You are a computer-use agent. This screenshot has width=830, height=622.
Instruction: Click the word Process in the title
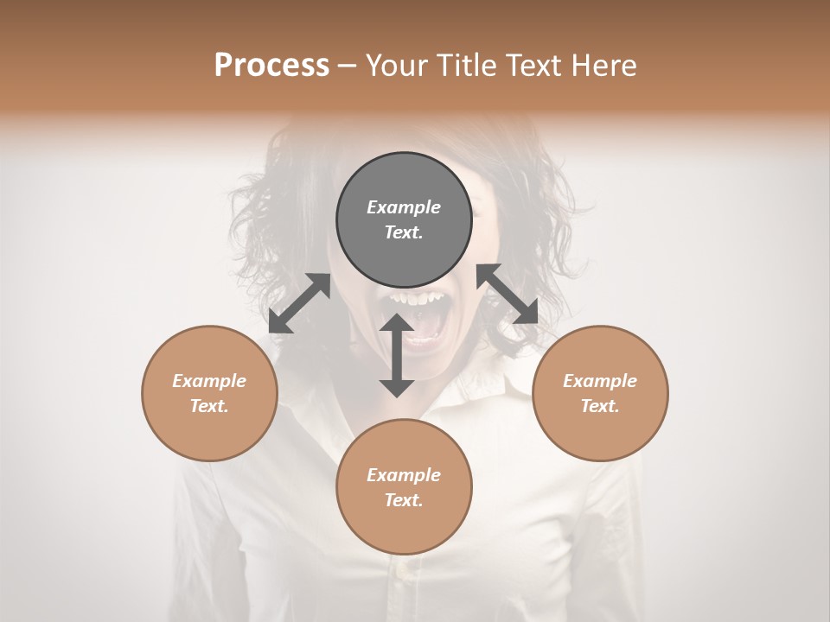pos(271,66)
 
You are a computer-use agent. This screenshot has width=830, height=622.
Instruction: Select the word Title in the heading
pos(466,66)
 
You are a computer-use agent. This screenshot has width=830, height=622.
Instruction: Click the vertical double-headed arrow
pos(397,355)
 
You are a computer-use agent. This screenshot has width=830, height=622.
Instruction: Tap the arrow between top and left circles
pos(299,303)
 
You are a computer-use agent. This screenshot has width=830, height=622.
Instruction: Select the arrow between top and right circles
pos(508,294)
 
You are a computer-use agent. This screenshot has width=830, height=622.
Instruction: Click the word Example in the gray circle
pos(404,207)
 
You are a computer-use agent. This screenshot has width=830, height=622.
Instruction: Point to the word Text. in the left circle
pos(209,406)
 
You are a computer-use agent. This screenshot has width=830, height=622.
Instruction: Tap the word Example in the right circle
pos(600,381)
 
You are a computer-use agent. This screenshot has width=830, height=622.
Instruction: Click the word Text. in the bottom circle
pos(404,500)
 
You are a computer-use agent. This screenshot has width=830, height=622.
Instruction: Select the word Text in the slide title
pos(535,66)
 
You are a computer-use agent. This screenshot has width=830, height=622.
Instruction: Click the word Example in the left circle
pos(209,381)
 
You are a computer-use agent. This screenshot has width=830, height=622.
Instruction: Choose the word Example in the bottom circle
pos(404,475)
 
